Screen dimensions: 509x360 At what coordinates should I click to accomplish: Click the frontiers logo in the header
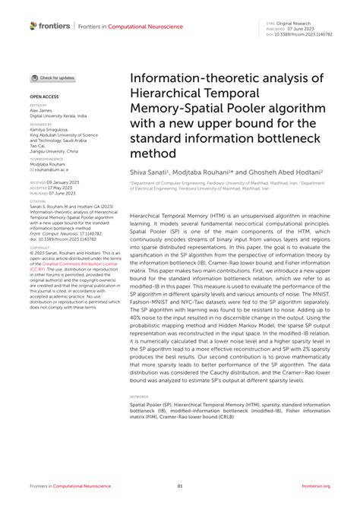[x=50, y=25]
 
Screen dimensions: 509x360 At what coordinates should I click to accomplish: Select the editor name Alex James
[x=43, y=109]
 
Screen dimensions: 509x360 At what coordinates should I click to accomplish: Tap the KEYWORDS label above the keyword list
[x=140, y=397]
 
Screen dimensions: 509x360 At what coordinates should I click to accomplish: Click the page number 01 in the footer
[x=180, y=486]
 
